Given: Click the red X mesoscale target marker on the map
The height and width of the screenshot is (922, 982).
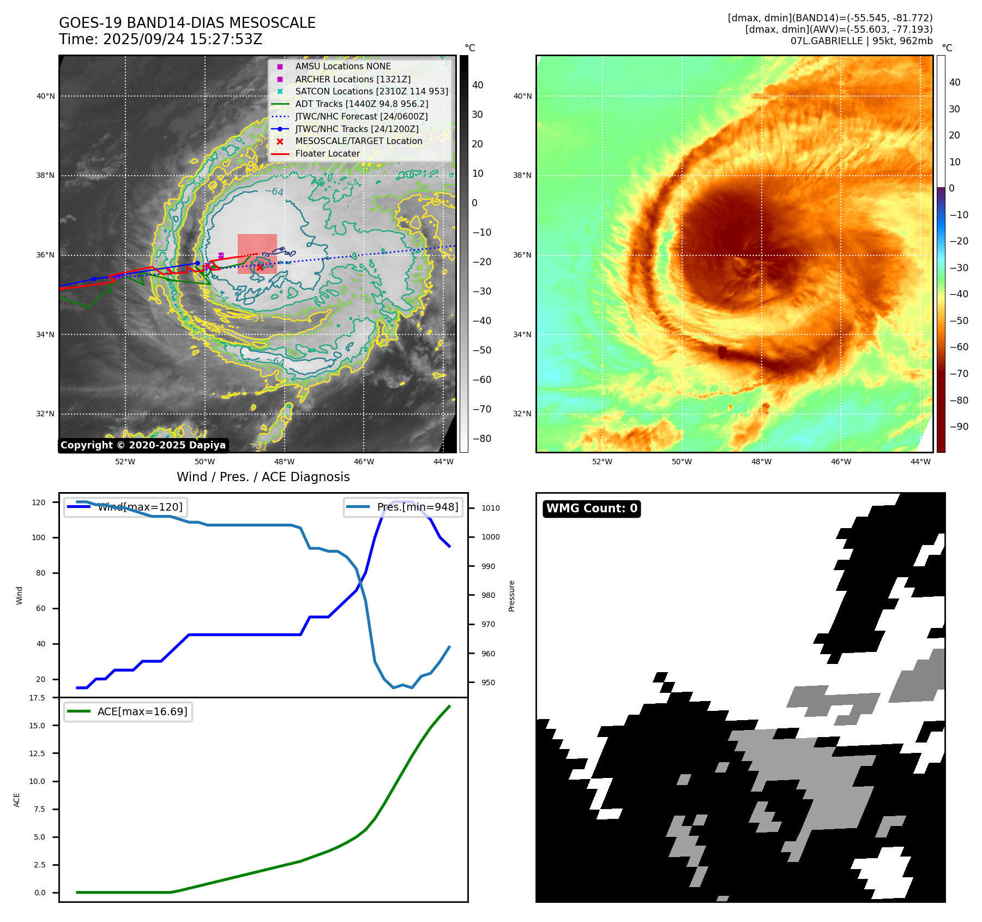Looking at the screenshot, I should [260, 267].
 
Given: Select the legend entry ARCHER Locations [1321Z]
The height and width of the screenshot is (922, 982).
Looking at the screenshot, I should [353, 79].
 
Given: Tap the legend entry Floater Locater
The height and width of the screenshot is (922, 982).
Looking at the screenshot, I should [327, 154].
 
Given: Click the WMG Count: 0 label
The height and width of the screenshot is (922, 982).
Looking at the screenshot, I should [592, 508].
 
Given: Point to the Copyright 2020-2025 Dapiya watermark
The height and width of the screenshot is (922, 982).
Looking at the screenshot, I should [143, 445].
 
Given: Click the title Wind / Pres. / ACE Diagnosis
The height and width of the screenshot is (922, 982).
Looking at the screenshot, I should [263, 477].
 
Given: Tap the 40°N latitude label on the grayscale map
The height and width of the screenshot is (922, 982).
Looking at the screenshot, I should [46, 97].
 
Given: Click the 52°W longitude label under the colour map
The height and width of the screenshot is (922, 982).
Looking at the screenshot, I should [602, 462].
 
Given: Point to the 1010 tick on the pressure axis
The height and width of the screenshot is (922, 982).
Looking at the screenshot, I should [490, 508].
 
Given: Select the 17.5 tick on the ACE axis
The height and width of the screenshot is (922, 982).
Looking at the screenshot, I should [37, 698].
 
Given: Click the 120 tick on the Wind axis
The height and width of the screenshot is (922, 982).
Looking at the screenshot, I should [39, 502].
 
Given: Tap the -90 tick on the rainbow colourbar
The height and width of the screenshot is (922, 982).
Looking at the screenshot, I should [959, 427].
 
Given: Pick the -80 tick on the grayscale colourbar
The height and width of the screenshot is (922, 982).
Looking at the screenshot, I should [481, 439].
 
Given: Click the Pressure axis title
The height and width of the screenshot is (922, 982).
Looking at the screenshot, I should [511, 596].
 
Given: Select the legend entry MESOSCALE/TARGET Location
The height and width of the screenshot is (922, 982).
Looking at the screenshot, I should [358, 141].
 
